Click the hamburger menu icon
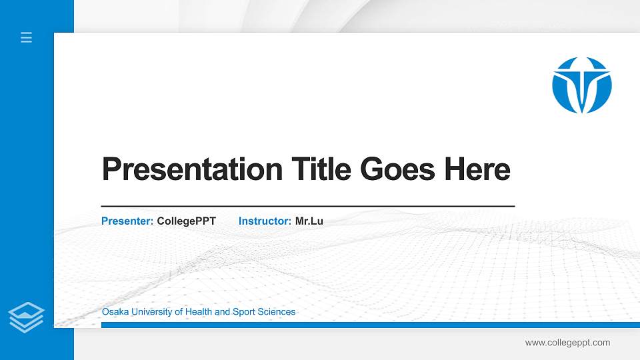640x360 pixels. pyautogui.click(x=27, y=38)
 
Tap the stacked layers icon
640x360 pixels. pyautogui.click(x=27, y=316)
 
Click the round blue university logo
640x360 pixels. pyautogui.click(x=581, y=85)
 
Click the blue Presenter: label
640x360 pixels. pyautogui.click(x=127, y=221)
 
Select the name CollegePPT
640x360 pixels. pyautogui.click(x=187, y=221)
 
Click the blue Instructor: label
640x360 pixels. pyautogui.click(x=265, y=221)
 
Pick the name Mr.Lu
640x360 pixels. pyautogui.click(x=309, y=221)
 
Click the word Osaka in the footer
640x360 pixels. pyautogui.click(x=114, y=312)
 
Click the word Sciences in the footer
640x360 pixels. pyautogui.click(x=277, y=312)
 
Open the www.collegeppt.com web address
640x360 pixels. pyautogui.click(x=567, y=343)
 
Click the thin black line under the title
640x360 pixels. pyautogui.click(x=307, y=207)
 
